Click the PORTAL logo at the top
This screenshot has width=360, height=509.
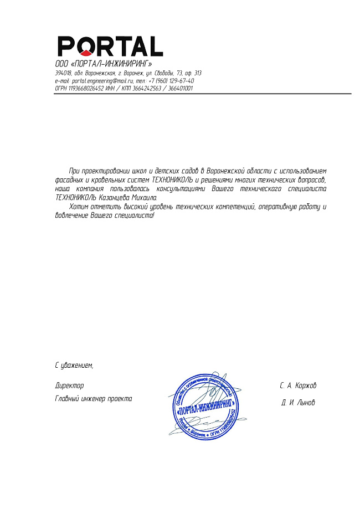tap(110, 45)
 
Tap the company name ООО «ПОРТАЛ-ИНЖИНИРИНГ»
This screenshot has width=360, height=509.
tap(104, 64)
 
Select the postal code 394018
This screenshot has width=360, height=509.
tap(63, 73)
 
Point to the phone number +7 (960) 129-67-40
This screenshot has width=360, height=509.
tap(172, 81)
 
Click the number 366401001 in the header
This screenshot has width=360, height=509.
tap(181, 88)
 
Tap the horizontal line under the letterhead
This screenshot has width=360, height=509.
tap(203, 94)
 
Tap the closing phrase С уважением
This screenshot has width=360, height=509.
tap(74, 365)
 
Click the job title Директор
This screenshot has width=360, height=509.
tap(69, 385)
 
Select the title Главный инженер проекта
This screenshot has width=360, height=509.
tap(94, 398)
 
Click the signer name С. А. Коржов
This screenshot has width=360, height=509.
tap(298, 385)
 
